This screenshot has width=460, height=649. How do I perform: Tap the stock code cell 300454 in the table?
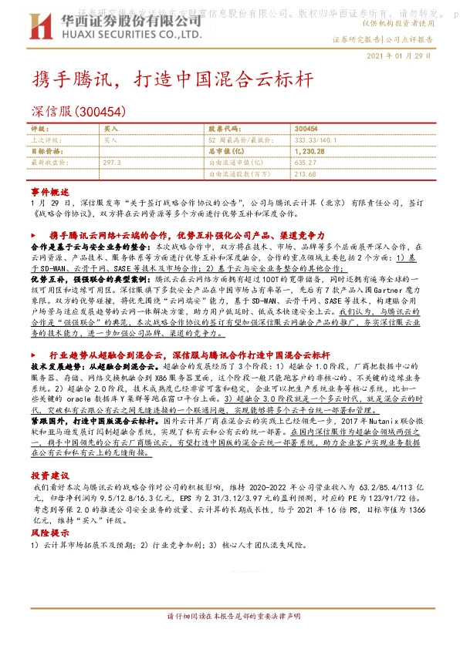click(306, 129)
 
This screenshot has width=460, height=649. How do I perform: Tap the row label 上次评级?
click(45, 140)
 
